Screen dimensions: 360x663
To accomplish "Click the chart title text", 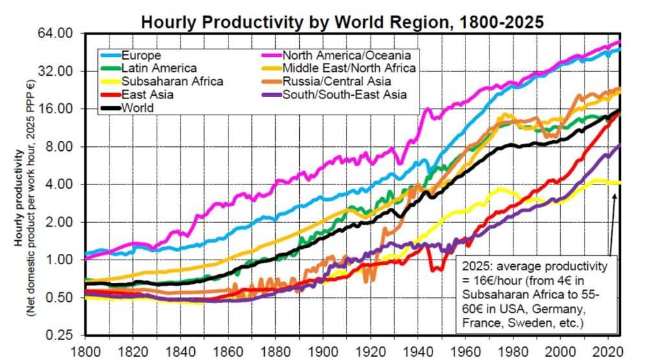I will [x=343, y=21].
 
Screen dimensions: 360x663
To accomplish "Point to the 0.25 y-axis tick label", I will [x=58, y=335].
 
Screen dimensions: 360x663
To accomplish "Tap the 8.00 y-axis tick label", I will [x=58, y=146].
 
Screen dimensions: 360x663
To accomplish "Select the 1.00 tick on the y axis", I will [x=58, y=260].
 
